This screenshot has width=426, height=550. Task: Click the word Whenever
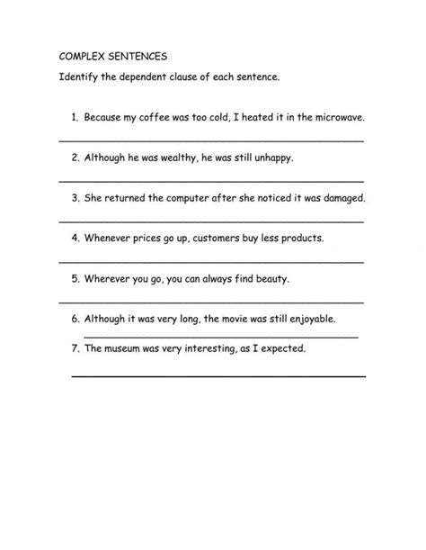(110, 239)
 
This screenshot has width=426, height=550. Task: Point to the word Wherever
(110, 279)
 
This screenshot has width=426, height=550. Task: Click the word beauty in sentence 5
(270, 279)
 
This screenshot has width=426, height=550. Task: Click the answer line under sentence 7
(218, 375)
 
